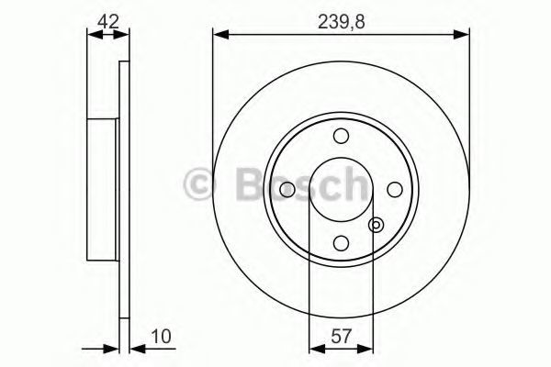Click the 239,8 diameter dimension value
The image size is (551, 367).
(342, 22)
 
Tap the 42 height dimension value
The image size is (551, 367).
(108, 22)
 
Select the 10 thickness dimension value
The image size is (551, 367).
(161, 336)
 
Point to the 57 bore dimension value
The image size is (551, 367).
(342, 337)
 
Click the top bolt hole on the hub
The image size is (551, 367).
(341, 136)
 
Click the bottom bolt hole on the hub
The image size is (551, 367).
(341, 243)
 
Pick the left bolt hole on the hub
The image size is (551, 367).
(287, 190)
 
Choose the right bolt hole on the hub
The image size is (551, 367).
(395, 190)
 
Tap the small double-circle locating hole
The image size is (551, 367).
(376, 225)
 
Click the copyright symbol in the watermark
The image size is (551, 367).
(198, 185)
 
